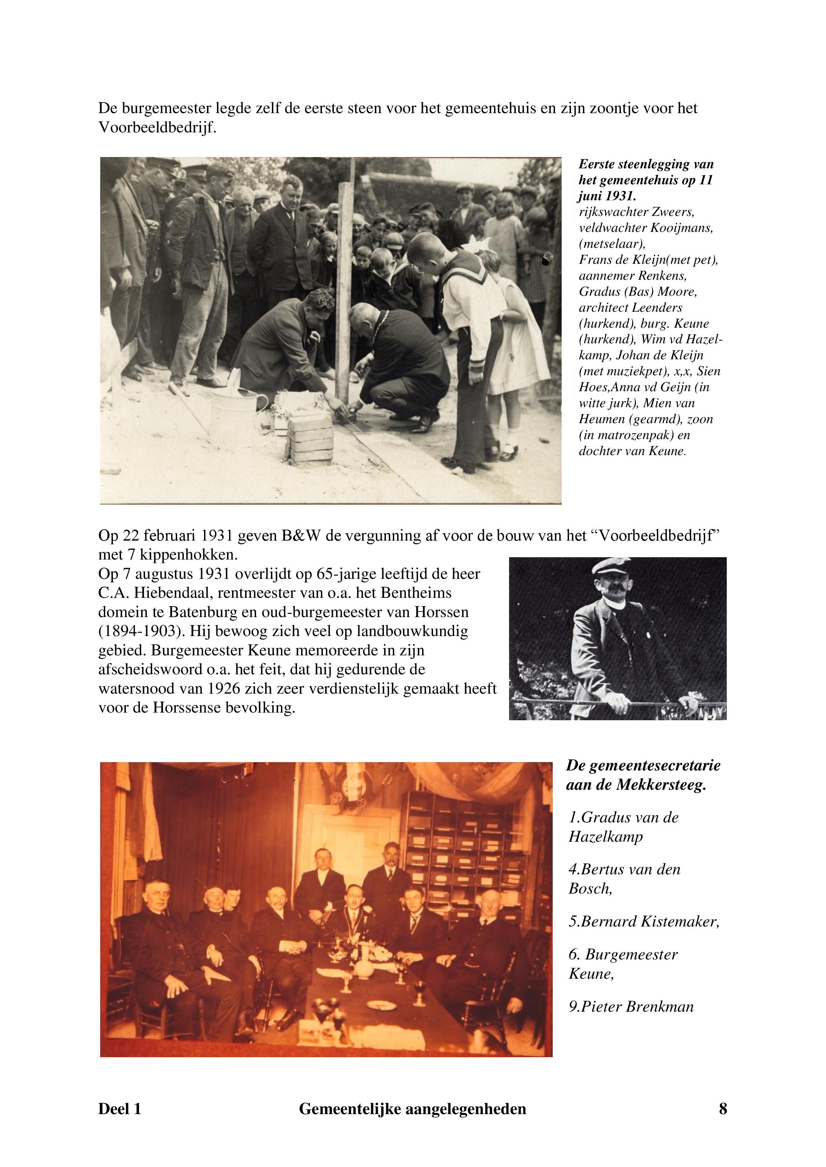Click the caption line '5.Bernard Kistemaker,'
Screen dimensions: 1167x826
[644, 921]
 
